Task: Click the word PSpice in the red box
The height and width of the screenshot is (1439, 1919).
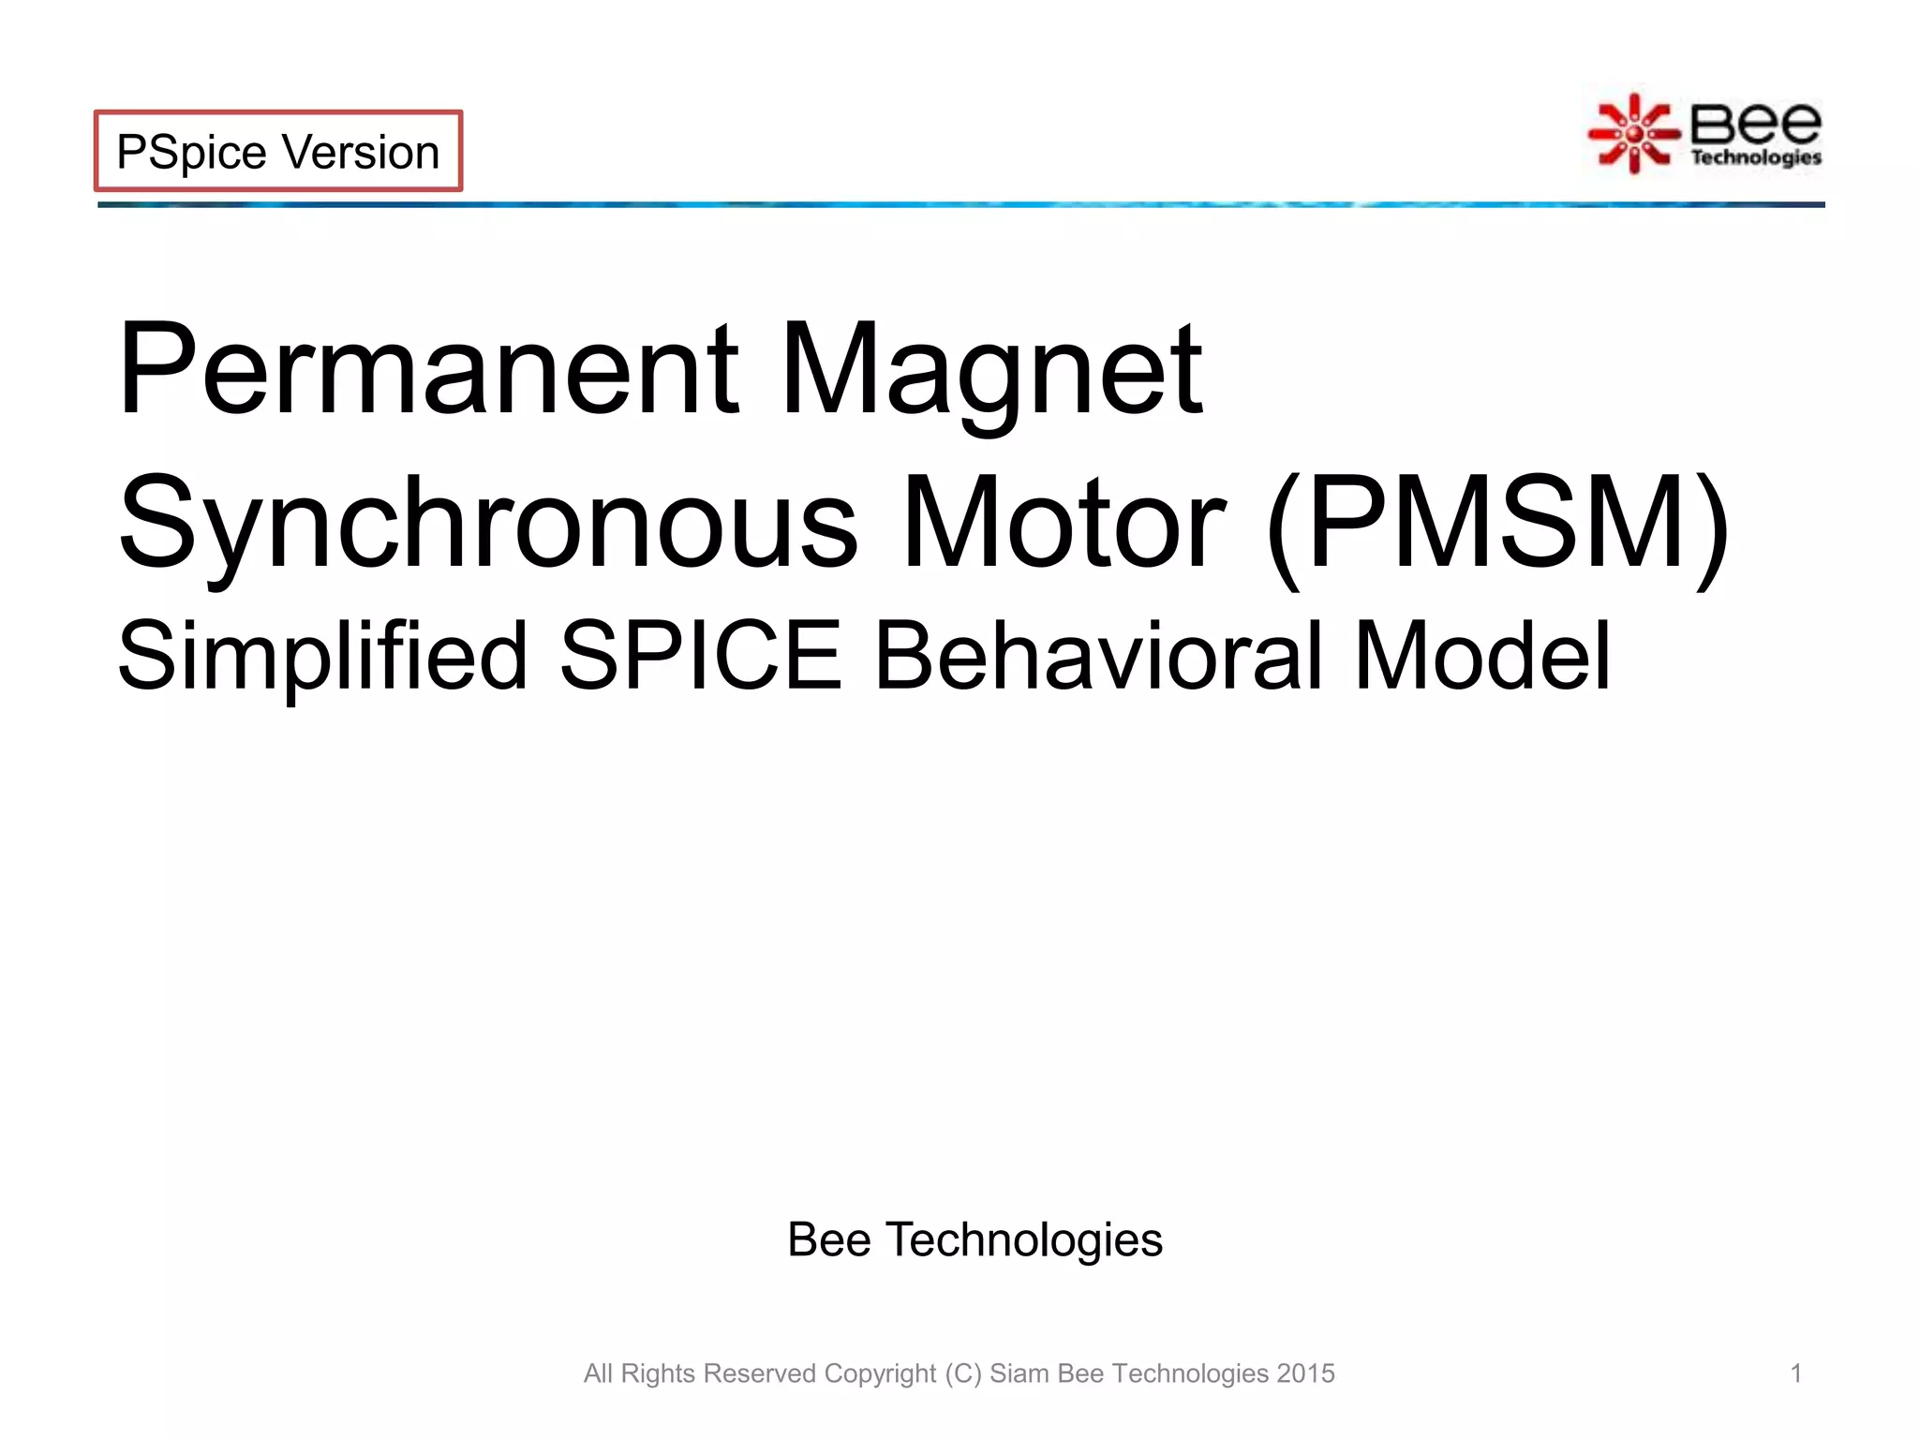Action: point(191,152)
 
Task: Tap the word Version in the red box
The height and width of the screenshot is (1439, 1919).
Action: point(361,152)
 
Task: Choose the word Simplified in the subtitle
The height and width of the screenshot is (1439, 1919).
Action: point(322,656)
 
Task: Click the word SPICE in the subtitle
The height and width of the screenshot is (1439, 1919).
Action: point(701,656)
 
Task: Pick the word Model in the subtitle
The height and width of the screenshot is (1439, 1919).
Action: point(1482,656)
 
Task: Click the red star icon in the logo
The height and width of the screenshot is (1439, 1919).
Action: point(1633,134)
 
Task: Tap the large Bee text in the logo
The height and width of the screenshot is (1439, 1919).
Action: point(1755,123)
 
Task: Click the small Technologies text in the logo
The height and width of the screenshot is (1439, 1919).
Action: point(1756,157)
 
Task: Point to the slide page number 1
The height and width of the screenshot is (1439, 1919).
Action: point(1796,1373)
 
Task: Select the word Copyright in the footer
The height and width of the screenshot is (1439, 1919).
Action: point(880,1373)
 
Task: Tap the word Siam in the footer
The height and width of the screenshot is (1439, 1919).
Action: point(1019,1373)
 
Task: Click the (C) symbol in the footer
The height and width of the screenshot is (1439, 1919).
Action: point(962,1373)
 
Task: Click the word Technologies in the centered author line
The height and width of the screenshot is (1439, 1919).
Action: point(1024,1240)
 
